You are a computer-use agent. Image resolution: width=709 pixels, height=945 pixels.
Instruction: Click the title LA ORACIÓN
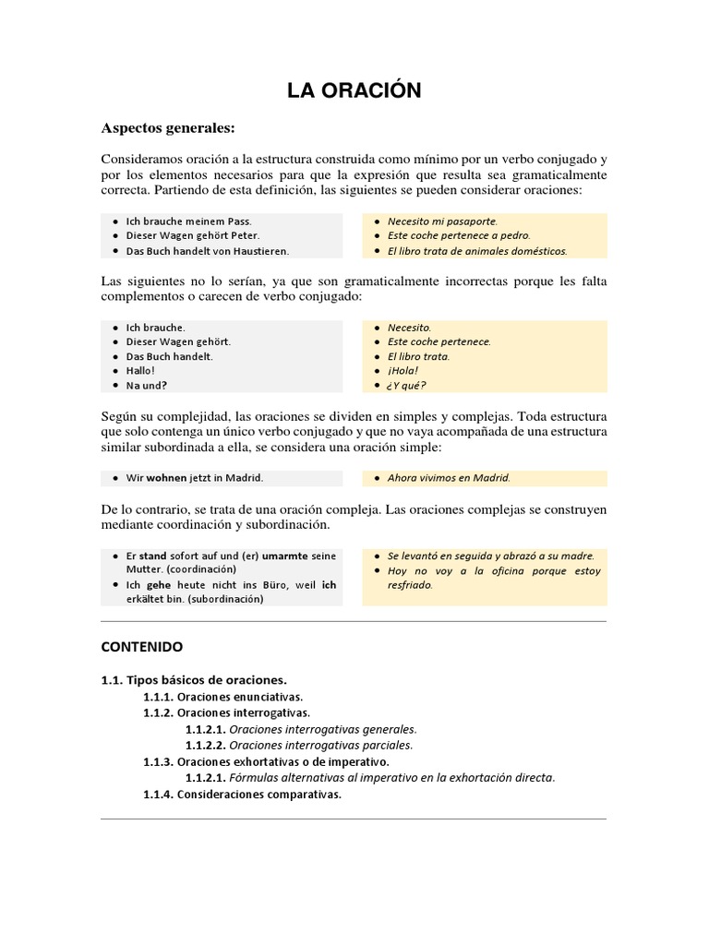click(x=354, y=90)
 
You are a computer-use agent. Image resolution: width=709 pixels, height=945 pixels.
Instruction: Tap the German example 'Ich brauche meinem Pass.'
click(x=188, y=221)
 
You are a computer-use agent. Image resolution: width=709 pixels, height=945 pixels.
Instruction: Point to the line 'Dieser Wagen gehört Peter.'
click(x=193, y=236)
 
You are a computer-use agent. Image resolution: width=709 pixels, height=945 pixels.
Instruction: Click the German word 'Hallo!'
click(x=140, y=370)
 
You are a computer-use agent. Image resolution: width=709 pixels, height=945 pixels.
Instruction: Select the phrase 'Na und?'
click(x=146, y=385)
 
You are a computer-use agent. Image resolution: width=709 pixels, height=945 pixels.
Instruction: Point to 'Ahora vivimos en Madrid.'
click(x=449, y=478)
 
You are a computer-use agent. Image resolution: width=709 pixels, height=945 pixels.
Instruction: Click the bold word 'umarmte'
click(x=285, y=556)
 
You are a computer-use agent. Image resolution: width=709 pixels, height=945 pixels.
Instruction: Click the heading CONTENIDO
click(x=141, y=647)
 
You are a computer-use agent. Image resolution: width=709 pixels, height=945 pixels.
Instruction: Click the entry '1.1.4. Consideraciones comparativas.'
click(x=242, y=794)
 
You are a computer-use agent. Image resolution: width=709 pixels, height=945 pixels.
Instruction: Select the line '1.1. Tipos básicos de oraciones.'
click(x=194, y=680)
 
